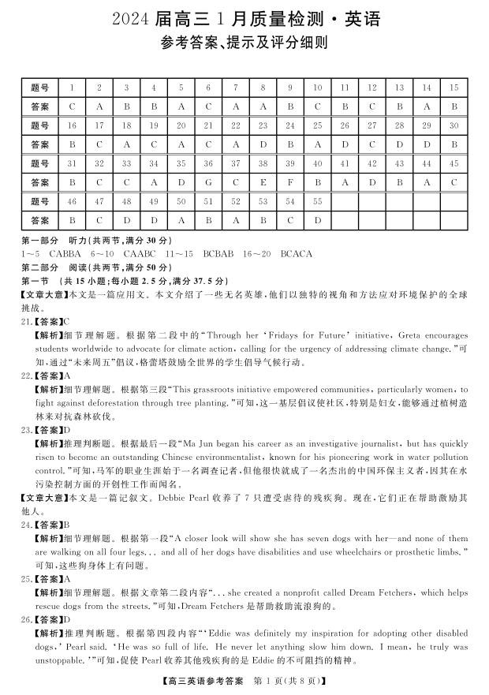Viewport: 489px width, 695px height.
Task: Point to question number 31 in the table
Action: coord(72,164)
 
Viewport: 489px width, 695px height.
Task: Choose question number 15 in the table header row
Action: coord(454,87)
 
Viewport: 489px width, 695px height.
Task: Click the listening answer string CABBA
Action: coord(64,254)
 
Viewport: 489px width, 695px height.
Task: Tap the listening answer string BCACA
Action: coord(297,254)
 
